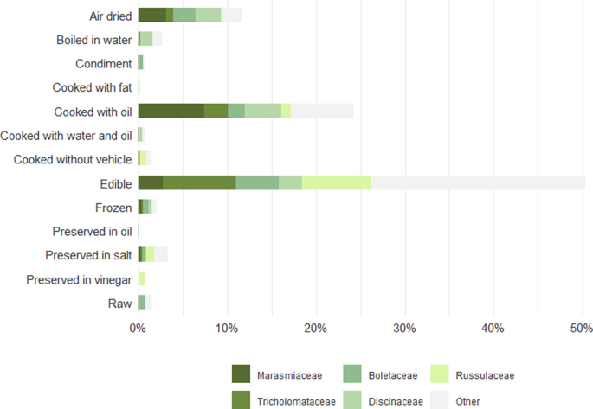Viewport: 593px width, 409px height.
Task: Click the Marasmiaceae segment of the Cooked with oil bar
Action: [x=171, y=111]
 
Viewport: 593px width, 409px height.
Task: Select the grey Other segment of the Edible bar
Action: [x=478, y=182]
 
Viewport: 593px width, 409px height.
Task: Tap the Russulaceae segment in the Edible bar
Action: [x=336, y=182]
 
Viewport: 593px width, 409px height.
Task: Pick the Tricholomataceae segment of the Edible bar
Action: [x=199, y=182]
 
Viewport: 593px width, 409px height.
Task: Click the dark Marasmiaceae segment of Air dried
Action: [x=151, y=15]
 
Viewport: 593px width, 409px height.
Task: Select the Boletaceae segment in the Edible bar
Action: [x=257, y=182]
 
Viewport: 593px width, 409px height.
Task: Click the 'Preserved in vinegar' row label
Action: [x=79, y=279]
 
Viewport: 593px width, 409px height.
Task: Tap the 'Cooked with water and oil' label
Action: [x=66, y=135]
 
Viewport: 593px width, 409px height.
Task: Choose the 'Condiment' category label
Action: [x=103, y=63]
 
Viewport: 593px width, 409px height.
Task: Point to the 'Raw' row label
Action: [x=119, y=303]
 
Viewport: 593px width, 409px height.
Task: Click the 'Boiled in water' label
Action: [x=93, y=40]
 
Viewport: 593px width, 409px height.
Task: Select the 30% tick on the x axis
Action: [x=404, y=329]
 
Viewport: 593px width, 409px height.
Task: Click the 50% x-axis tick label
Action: [x=582, y=329]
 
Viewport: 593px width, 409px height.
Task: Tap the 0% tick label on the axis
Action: [x=138, y=329]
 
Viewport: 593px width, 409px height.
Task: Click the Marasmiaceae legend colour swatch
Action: [x=241, y=374]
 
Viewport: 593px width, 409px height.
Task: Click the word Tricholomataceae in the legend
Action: [x=295, y=401]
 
